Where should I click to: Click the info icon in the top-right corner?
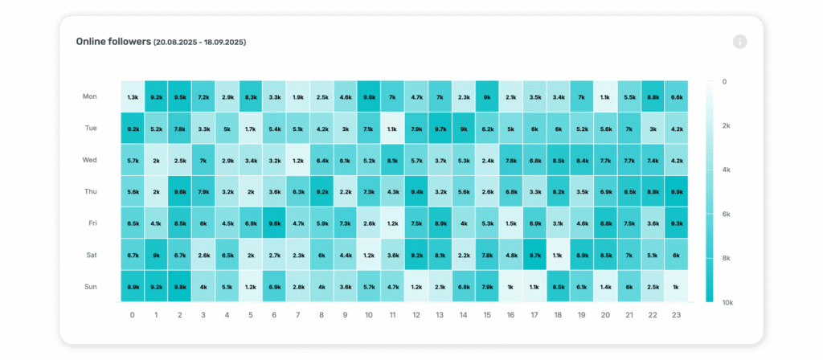point(740,42)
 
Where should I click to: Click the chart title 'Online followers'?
point(113,41)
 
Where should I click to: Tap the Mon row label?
point(90,96)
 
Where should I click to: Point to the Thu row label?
point(90,191)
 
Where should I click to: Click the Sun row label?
point(90,286)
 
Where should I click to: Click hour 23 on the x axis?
point(677,315)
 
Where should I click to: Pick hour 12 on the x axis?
point(416,315)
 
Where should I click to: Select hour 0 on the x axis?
point(133,315)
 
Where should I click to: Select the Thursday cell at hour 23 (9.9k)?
point(677,191)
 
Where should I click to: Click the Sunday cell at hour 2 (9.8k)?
point(180,286)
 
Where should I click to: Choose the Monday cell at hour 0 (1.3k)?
point(133,96)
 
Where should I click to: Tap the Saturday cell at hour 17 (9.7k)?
point(534,255)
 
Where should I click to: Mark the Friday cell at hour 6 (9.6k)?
point(275,223)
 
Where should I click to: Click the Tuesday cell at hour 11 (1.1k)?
point(393,129)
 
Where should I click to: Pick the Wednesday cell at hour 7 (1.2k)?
point(298,160)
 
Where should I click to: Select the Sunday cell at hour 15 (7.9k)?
point(487,286)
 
